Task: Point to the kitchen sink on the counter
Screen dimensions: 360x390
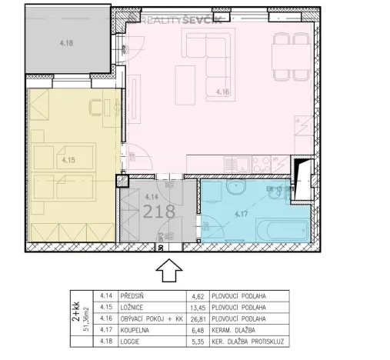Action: [241, 164]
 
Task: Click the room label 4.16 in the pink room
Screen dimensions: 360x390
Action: [224, 92]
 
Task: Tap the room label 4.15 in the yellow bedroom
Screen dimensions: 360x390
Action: [68, 161]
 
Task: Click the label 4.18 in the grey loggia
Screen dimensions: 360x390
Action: [68, 44]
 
